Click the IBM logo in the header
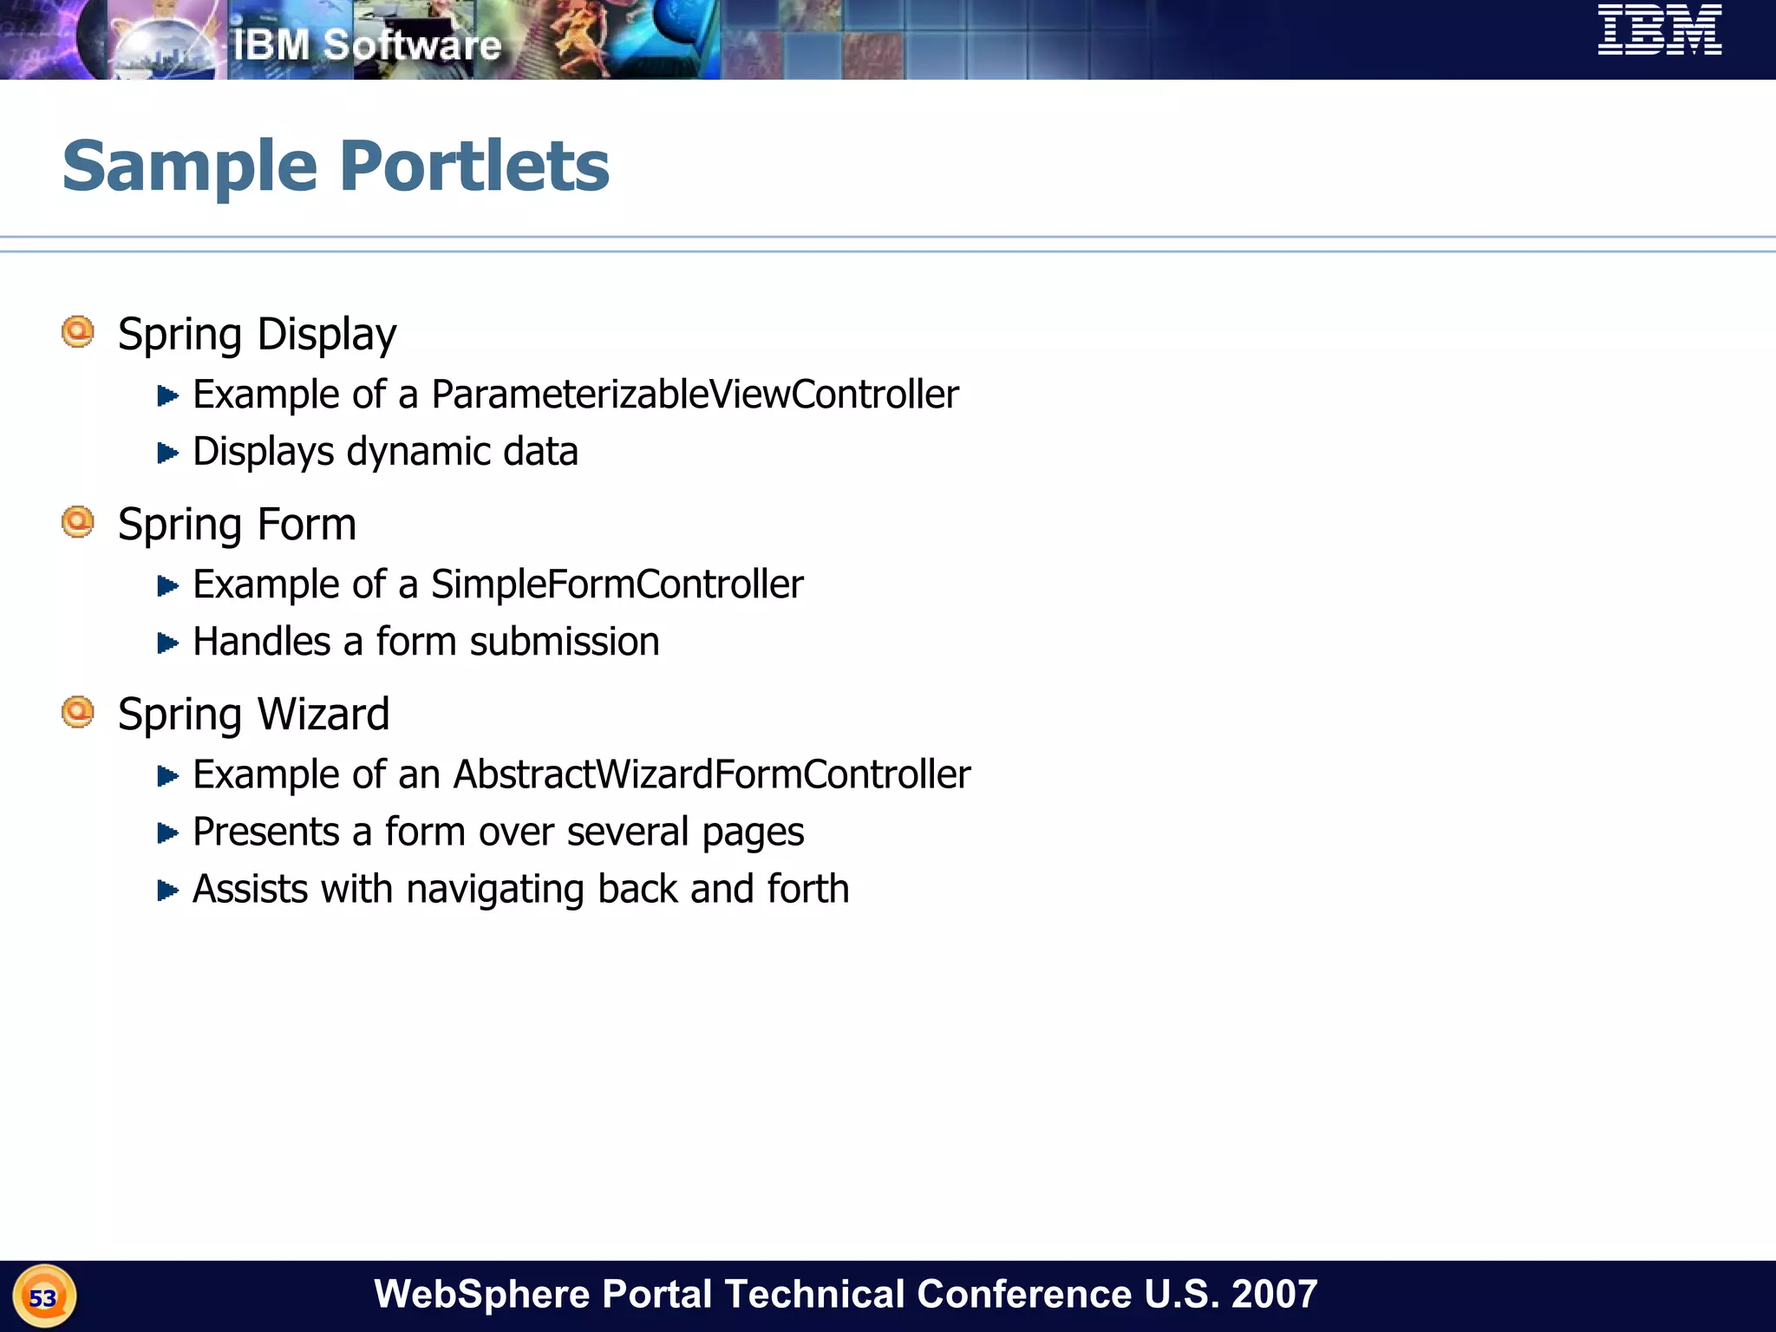pos(1660,30)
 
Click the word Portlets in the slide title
pos(474,166)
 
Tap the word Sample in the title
pos(190,166)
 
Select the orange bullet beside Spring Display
pos(78,332)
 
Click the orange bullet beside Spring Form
pos(78,522)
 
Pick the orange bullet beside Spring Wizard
pos(78,712)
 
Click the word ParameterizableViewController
pos(695,395)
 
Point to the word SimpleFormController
pos(617,584)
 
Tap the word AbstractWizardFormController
pos(711,774)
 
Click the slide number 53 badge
pos(43,1297)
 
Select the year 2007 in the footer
pos(1274,1294)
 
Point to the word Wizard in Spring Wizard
pos(323,715)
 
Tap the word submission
pos(565,643)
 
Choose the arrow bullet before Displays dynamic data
pos(167,453)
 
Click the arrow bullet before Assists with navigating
pos(167,890)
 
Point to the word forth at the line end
pos(807,889)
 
